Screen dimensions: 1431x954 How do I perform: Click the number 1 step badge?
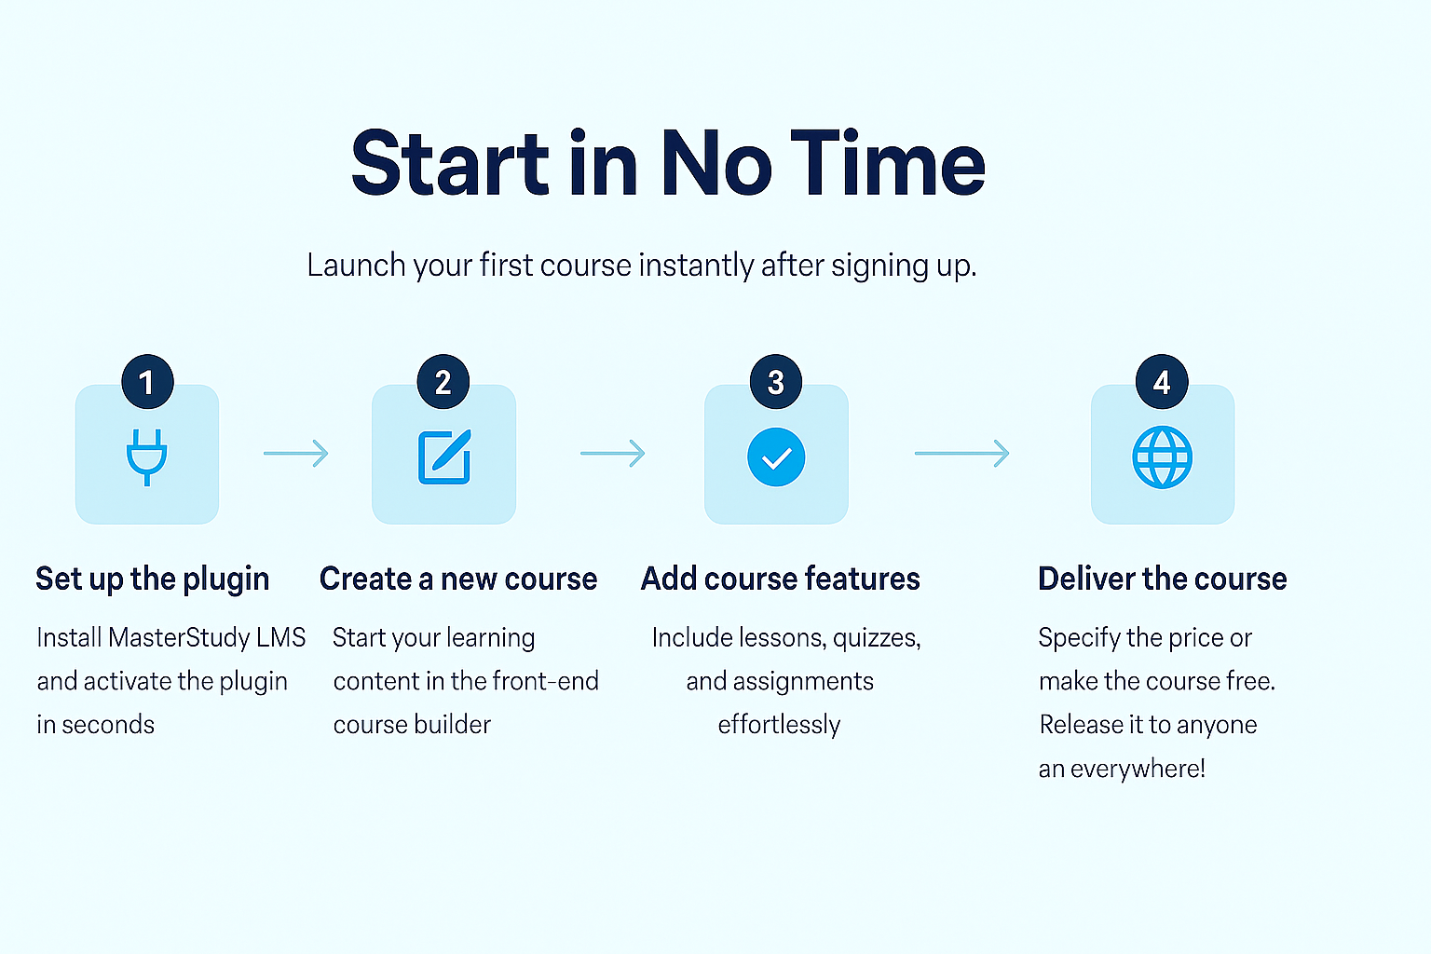tap(147, 382)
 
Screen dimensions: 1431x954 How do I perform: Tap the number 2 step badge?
tap(443, 382)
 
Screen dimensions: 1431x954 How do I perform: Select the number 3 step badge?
tap(776, 382)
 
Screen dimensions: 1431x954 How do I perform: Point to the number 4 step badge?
tap(1162, 382)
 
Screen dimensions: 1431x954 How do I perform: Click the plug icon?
tap(147, 457)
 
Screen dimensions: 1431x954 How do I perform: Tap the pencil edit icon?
tap(444, 457)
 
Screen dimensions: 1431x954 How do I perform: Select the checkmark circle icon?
tap(776, 457)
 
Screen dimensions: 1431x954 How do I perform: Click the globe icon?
tap(1162, 457)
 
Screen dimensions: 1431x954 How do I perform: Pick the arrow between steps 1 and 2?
tap(295, 454)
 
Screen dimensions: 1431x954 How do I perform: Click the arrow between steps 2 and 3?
tap(613, 454)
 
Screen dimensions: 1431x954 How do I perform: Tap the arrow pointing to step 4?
tap(962, 454)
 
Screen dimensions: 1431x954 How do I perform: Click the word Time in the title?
tap(888, 163)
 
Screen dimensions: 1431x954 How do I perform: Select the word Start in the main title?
tap(450, 163)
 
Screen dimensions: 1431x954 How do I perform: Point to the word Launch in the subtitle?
tap(356, 265)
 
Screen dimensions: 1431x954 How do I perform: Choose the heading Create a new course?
tap(458, 579)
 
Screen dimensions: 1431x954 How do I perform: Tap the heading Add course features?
tap(780, 579)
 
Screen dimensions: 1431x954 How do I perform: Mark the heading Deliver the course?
tap(1162, 579)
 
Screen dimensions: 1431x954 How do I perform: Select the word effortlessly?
tap(780, 725)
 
